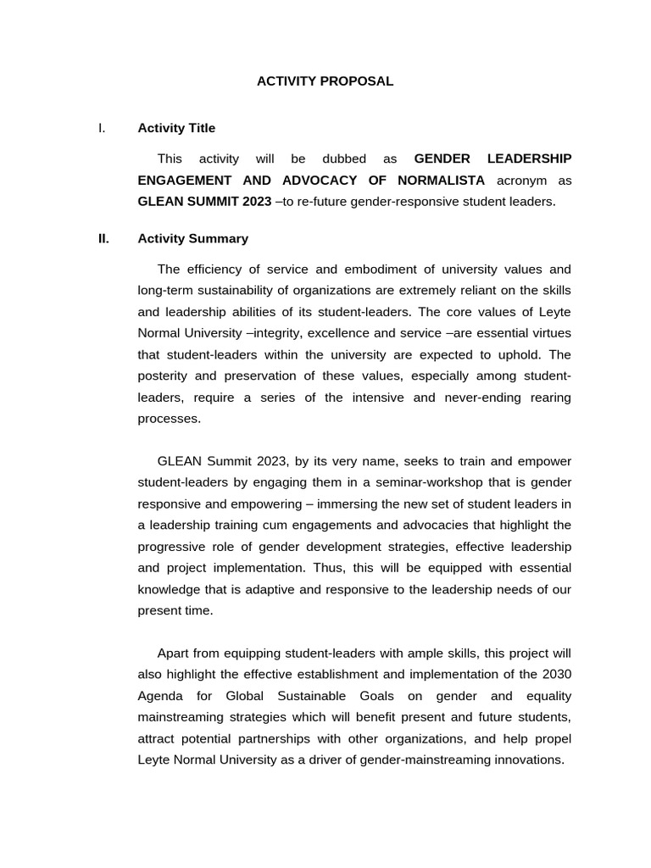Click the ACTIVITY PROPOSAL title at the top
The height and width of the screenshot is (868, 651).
325,81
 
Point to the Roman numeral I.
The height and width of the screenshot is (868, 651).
101,128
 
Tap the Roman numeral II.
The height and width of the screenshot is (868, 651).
103,238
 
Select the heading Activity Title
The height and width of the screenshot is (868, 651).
176,128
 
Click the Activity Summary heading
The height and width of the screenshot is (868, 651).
192,238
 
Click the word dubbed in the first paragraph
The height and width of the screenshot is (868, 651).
344,159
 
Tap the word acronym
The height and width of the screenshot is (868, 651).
521,181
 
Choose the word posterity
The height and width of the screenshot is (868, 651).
166,376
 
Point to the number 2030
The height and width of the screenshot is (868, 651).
556,675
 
